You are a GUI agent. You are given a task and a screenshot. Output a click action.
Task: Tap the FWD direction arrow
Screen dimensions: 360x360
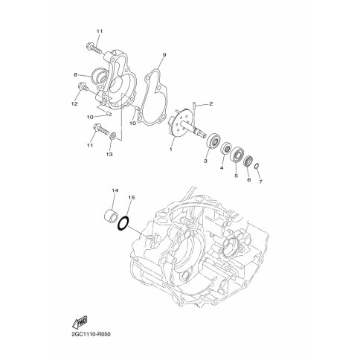coord(80,322)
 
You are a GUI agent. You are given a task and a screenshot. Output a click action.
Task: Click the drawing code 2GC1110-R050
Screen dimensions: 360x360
coord(91,334)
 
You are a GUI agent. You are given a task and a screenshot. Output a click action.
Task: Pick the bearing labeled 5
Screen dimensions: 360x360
coord(237,155)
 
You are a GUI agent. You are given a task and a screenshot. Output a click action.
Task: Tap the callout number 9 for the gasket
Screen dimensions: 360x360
coord(164,55)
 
